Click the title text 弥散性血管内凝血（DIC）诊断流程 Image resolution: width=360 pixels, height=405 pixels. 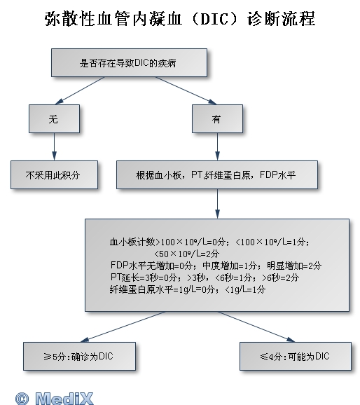pos(180,19)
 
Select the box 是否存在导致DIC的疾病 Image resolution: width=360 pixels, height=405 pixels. pos(129,63)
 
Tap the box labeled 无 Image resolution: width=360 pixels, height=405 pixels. pos(54,119)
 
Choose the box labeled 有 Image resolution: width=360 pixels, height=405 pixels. pos(217,119)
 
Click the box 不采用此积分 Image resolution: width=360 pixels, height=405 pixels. pos(54,175)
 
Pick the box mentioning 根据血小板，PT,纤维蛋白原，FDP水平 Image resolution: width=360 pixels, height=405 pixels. pos(217,175)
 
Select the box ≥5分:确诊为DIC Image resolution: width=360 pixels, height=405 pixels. pos(80,357)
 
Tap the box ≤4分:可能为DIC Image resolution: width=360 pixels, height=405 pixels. pos(296,357)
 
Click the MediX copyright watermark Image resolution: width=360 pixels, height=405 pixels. pos(54,398)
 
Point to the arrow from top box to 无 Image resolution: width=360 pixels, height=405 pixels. pos(80,90)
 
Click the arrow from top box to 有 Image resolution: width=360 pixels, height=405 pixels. pos(186,90)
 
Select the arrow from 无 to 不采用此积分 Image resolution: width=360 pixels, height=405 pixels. pos(54,146)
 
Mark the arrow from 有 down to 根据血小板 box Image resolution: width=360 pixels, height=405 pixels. pos(217,146)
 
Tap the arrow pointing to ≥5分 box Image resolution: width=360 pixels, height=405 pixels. pos(123,327)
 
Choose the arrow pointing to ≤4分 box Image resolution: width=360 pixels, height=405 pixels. pos(256,327)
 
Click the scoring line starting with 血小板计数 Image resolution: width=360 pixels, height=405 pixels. pos(209,242)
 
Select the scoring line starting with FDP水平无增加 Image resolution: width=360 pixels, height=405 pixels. pos(216,266)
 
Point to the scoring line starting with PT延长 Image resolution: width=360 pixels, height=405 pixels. pos(205,277)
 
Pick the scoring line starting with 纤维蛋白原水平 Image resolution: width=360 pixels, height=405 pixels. pos(188,289)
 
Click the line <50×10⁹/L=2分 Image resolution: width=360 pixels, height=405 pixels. pos(187,254)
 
